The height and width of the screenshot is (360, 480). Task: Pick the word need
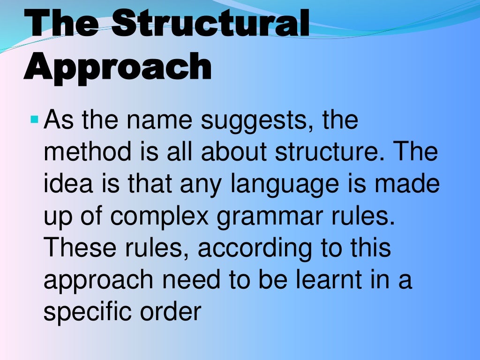(x=215, y=279)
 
